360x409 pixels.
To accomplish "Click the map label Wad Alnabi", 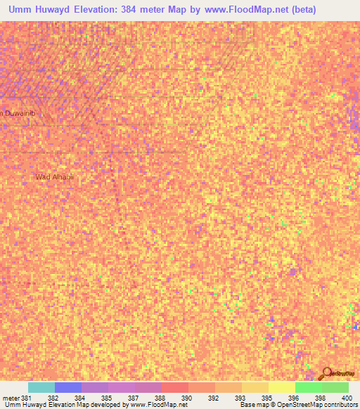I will pyautogui.click(x=54, y=176).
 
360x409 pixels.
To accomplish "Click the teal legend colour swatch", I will pyautogui.click(x=41, y=387).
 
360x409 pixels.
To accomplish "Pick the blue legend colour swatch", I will pyautogui.click(x=68, y=387).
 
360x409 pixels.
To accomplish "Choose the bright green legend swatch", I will pyautogui.click(x=309, y=387).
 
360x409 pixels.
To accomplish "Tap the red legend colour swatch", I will pyautogui.click(x=175, y=387).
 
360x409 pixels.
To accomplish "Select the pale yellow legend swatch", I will pyautogui.click(x=282, y=387).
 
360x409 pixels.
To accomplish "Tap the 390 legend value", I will pyautogui.click(x=186, y=398).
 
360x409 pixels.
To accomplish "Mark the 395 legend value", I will pyautogui.click(x=266, y=398).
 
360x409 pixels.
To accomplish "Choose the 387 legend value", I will pyautogui.click(x=133, y=398).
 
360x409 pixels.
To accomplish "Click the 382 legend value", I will pyautogui.click(x=53, y=398).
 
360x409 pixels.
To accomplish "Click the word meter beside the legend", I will pyautogui.click(x=10, y=398).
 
